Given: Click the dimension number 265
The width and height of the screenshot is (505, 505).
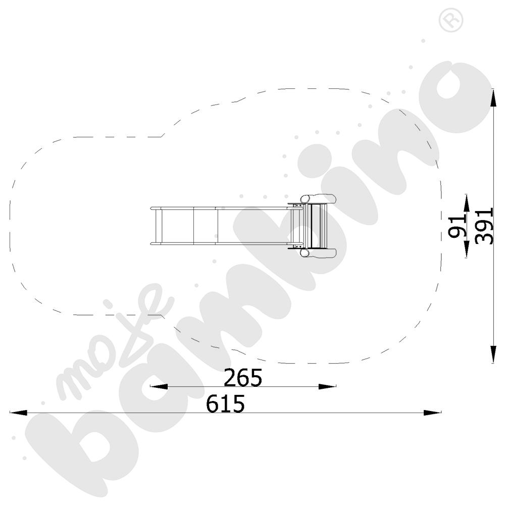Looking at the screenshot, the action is pyautogui.click(x=243, y=377).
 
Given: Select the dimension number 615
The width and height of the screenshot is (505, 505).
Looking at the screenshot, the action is pyautogui.click(x=225, y=403).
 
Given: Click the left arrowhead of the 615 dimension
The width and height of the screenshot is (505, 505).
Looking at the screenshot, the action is pyautogui.click(x=18, y=413).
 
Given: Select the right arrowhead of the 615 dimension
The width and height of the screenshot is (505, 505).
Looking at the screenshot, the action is pyautogui.click(x=433, y=413).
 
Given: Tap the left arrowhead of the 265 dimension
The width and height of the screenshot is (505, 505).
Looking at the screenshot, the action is pyautogui.click(x=159, y=386).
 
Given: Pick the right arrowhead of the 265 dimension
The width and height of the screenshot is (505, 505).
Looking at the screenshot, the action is pyautogui.click(x=327, y=386).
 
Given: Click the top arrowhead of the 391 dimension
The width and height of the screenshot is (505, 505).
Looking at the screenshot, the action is pyautogui.click(x=493, y=97).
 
